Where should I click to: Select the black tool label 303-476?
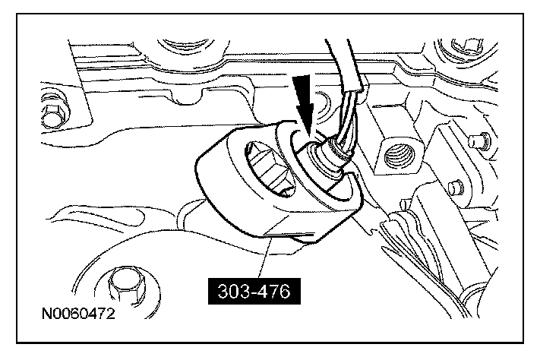[x=254, y=291]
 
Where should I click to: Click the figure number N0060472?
[x=78, y=314]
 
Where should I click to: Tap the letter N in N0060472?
[x=47, y=314]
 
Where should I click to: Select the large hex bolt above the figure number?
[x=127, y=285]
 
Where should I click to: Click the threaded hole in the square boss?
[x=400, y=154]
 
